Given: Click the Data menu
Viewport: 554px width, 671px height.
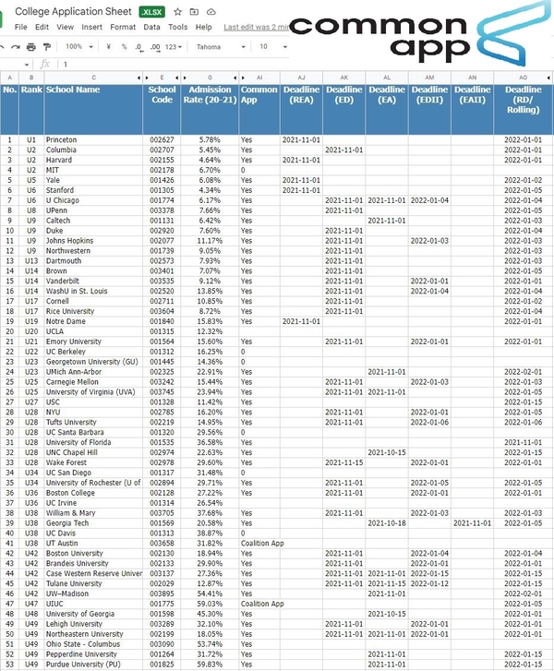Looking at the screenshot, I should (151, 28).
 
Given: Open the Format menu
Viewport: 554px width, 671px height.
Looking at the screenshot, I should (123, 28).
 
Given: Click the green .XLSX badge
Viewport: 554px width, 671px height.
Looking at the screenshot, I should (151, 11).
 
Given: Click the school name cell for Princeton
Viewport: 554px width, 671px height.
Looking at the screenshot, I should (62, 139).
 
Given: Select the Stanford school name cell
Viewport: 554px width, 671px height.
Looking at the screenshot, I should (62, 190).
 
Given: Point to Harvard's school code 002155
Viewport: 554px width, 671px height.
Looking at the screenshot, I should (162, 160).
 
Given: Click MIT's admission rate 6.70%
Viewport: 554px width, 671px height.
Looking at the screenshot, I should (210, 170).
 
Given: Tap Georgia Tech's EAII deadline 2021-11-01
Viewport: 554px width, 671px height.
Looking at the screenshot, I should (472, 522).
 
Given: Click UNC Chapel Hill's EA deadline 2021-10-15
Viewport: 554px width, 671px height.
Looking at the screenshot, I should (387, 452).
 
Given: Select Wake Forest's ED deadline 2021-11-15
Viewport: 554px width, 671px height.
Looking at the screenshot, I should (343, 462).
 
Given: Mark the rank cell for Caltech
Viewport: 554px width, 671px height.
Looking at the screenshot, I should (30, 221).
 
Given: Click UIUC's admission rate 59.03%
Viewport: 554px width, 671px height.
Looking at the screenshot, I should (210, 604).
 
